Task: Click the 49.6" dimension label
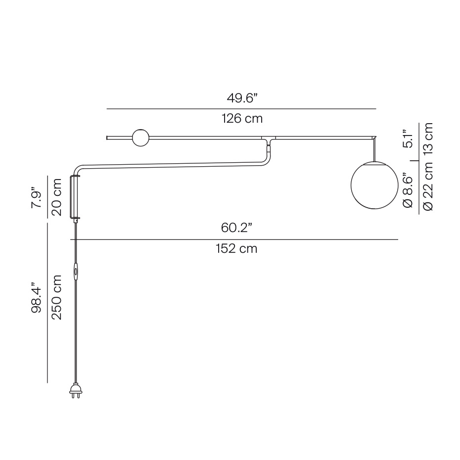click(x=242, y=98)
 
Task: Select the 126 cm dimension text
click(x=242, y=119)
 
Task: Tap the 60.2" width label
click(x=236, y=229)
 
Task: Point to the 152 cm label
click(x=236, y=249)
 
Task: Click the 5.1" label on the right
click(x=407, y=139)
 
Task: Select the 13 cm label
click(x=428, y=138)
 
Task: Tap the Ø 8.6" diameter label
click(x=407, y=190)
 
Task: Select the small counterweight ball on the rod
click(x=140, y=138)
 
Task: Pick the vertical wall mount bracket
click(x=75, y=196)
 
